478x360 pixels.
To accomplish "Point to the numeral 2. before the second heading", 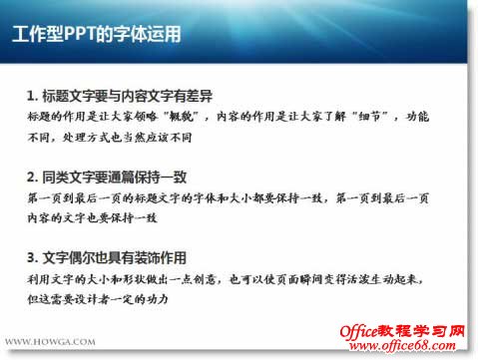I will [33, 177].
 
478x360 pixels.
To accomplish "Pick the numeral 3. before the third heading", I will [33, 256].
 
